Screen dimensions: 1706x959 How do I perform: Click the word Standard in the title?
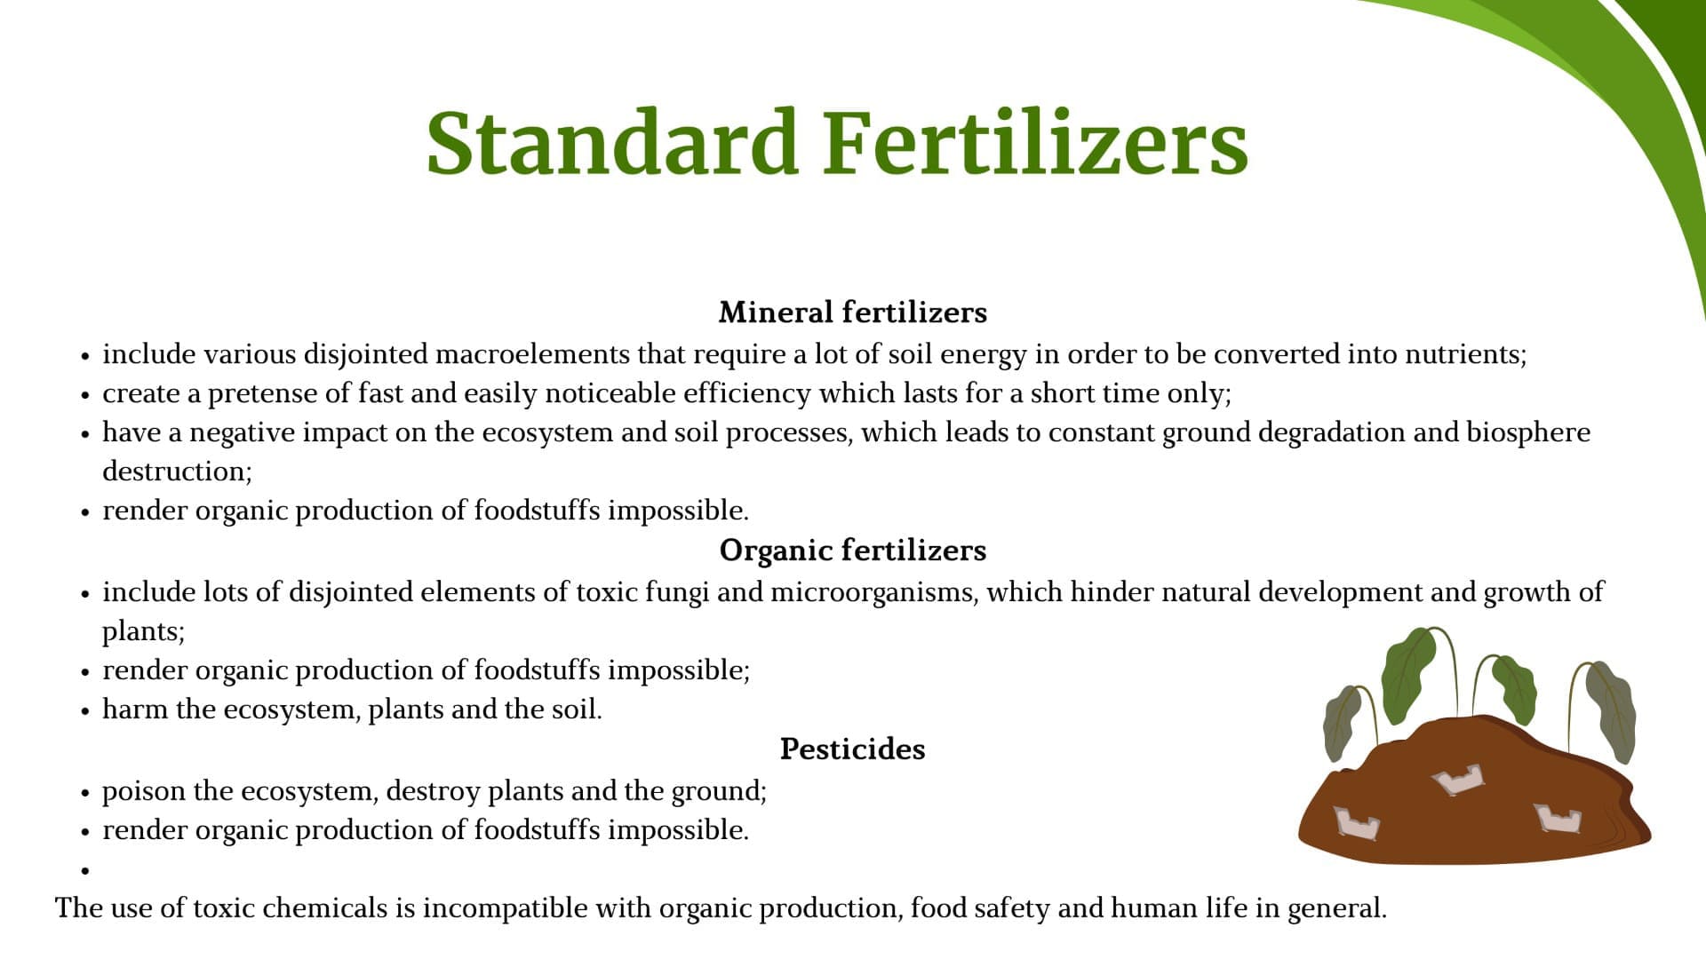point(611,142)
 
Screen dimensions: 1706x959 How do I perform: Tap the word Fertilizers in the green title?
point(1036,142)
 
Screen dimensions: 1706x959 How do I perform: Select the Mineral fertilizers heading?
point(853,312)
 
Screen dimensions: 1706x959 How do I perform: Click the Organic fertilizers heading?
point(853,550)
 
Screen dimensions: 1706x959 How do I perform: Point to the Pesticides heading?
point(853,749)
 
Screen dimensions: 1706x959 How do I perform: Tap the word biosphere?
point(1528,432)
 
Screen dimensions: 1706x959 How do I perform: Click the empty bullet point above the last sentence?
point(85,871)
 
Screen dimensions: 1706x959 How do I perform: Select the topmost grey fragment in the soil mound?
point(1458,780)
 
